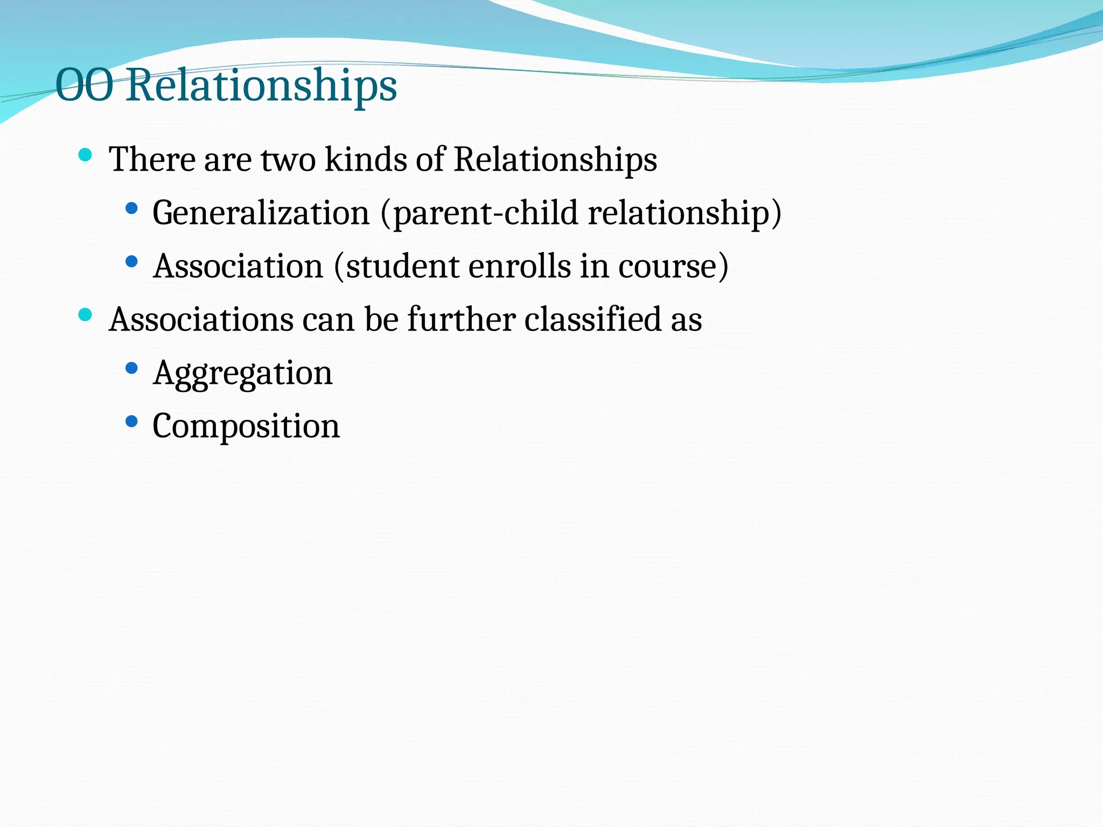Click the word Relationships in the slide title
click(262, 86)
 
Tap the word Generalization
click(261, 213)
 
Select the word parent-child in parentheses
click(485, 213)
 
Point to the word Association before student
click(238, 266)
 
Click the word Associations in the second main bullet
click(201, 319)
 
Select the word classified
click(592, 319)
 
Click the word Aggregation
click(243, 373)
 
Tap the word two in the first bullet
click(288, 160)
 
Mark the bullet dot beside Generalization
click(131, 208)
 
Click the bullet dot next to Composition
click(131, 422)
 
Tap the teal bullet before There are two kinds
click(85, 156)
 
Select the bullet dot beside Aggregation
click(131, 368)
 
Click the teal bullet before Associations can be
click(85, 315)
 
